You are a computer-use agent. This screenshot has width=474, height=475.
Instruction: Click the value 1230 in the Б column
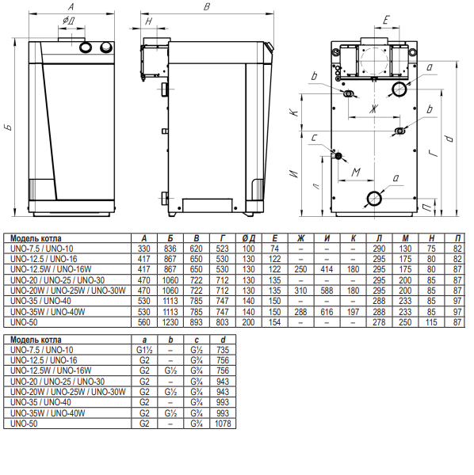point(170,322)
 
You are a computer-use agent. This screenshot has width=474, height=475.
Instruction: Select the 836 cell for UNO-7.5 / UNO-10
point(170,249)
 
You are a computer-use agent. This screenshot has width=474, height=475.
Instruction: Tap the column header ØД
point(249,238)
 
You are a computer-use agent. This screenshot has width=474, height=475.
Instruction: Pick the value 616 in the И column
point(327,312)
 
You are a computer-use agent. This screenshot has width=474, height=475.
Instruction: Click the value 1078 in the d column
point(223,424)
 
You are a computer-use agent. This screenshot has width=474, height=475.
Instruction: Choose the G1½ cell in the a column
point(144,350)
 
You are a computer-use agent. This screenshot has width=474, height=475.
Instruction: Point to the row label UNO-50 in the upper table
point(24,322)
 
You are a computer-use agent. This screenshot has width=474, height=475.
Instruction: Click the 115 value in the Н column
point(431,322)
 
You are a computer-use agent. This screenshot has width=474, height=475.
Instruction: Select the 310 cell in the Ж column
point(301,291)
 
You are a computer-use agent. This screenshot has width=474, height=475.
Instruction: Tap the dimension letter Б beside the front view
point(9,127)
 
